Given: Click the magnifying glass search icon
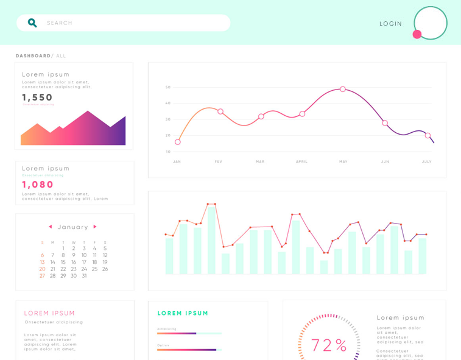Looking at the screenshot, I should (x=32, y=23).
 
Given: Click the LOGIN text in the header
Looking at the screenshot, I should (x=390, y=24).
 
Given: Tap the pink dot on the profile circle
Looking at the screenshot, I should (x=417, y=34).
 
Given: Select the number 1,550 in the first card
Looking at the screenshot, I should (x=38, y=97).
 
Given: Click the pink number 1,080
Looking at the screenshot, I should (x=38, y=185).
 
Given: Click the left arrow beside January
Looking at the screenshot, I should (x=50, y=227).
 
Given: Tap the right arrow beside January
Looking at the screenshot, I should (x=95, y=227).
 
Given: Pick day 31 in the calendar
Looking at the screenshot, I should (x=84, y=276).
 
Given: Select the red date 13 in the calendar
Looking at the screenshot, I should (x=42, y=262).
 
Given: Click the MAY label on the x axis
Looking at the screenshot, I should (x=343, y=161).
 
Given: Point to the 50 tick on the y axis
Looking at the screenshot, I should (x=168, y=87).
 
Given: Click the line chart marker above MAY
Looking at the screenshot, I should (x=343, y=89).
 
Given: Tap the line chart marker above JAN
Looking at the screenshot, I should (x=177, y=142).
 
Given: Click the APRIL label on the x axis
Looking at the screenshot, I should (x=301, y=161).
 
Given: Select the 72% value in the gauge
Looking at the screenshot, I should (x=329, y=345).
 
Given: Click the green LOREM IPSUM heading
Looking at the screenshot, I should (x=183, y=313).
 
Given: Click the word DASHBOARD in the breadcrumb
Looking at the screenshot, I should (x=33, y=56).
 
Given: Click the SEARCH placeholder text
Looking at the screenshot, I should (x=60, y=23).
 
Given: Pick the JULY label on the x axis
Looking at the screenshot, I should (x=426, y=161).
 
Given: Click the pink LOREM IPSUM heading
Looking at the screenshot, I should (x=49, y=313).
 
